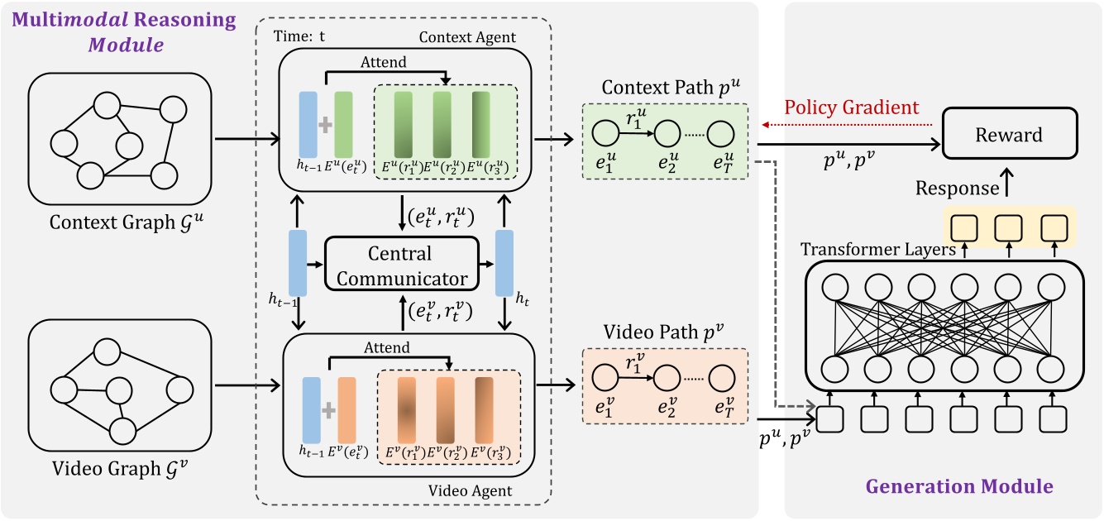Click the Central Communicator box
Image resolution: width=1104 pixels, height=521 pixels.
[402, 265]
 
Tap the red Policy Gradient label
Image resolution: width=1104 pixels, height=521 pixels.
[851, 108]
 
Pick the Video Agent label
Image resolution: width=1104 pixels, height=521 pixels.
[471, 491]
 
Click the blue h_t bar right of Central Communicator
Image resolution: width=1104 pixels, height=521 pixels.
[504, 263]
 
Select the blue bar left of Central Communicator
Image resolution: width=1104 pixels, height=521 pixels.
[299, 264]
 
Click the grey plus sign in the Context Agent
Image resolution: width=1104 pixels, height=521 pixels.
[325, 124]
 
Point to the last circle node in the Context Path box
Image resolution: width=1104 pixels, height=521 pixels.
[720, 131]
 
